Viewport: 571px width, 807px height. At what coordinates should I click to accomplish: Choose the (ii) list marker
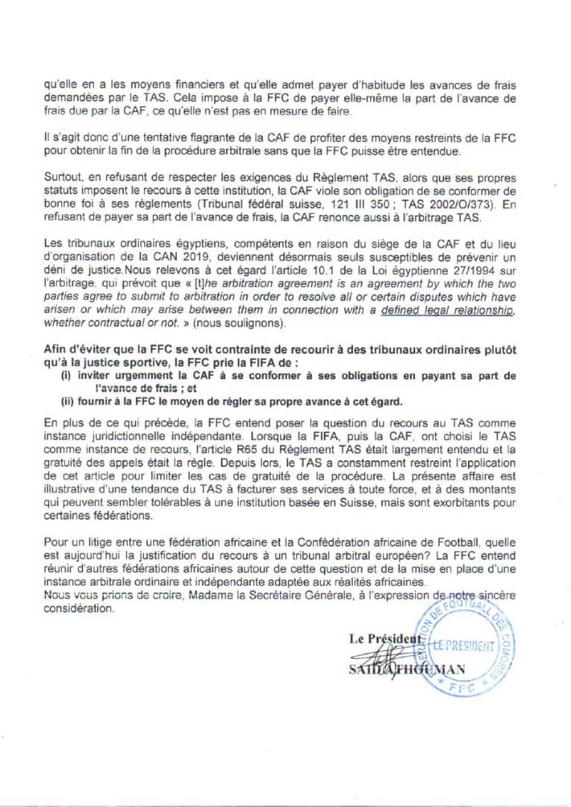click(x=66, y=400)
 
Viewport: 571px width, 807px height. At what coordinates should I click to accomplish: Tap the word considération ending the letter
click(x=78, y=608)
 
